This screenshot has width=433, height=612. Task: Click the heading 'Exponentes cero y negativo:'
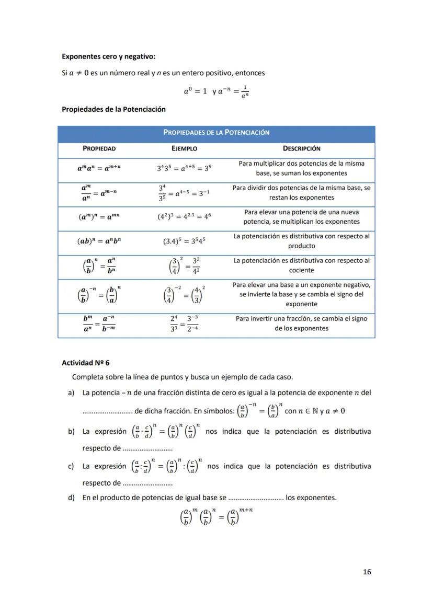(108, 56)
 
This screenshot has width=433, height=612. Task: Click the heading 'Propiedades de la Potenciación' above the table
(113, 109)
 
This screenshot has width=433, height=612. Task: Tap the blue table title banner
(216, 133)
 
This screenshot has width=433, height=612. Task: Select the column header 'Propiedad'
(99, 148)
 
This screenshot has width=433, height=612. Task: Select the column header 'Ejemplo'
(184, 148)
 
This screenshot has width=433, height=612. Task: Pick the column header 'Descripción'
(301, 148)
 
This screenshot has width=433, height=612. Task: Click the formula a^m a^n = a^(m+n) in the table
(99, 168)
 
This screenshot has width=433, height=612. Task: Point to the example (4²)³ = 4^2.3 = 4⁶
(185, 217)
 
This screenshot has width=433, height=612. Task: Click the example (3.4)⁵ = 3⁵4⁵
(185, 241)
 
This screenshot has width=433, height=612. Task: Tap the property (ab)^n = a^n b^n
(99, 241)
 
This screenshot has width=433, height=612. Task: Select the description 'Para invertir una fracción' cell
(301, 324)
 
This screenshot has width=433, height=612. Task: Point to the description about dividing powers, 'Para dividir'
(301, 192)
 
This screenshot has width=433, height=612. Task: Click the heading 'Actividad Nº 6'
(86, 363)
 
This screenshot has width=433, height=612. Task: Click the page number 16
(367, 572)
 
